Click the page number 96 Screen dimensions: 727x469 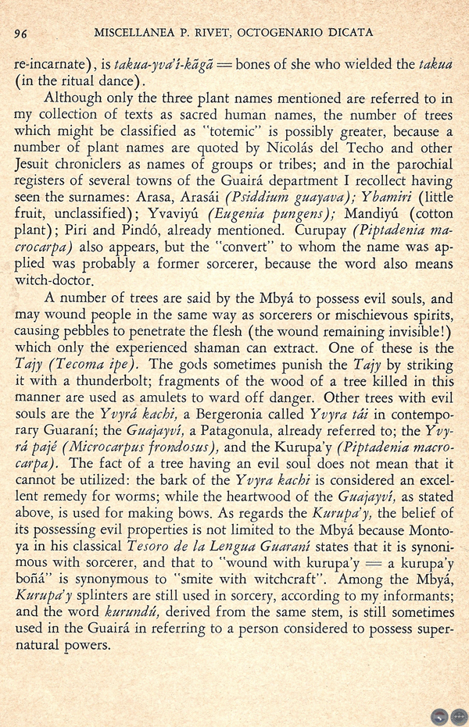click(x=22, y=34)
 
